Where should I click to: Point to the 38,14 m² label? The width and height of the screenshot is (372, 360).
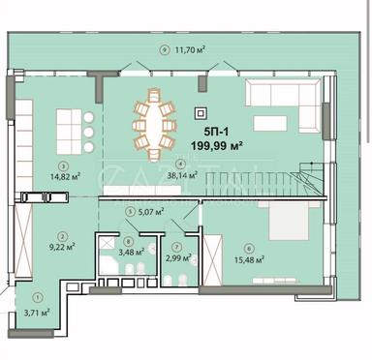pos(182,177)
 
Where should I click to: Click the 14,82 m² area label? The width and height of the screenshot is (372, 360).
pos(65,178)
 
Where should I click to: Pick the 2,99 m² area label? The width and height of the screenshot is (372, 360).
pos(177,257)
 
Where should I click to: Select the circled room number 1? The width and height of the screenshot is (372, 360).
pos(37,297)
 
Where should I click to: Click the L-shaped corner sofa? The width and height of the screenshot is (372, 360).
pos(282,103)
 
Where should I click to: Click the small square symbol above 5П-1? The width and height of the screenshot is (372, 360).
pos(201,111)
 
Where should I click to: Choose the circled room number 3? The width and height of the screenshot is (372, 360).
pos(63,165)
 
